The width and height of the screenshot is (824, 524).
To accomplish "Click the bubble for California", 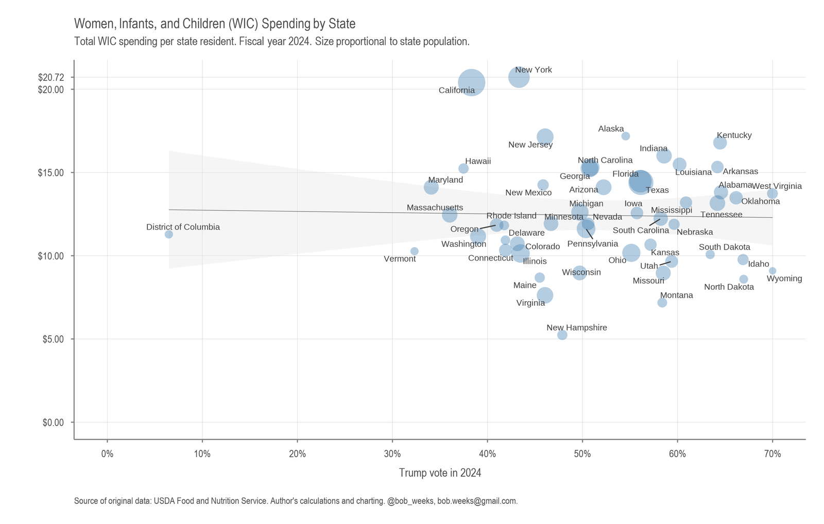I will point(471,82).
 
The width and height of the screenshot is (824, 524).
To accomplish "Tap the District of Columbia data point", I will point(168,234).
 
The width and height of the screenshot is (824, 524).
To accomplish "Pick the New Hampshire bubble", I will point(562,335).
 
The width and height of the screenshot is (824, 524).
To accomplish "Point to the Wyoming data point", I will point(772,271).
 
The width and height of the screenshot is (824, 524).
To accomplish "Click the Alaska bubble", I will point(626,136).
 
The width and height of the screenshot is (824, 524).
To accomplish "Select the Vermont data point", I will point(415,251).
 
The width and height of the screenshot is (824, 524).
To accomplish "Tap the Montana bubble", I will point(662,303).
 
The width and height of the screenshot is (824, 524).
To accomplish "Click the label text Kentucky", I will point(734,135).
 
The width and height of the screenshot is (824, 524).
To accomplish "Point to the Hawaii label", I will point(478,161).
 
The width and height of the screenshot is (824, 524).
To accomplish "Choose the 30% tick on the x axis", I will point(392,453).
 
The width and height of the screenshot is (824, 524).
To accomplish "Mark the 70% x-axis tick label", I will point(772,453).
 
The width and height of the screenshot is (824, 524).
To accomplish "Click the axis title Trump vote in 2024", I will point(440,473).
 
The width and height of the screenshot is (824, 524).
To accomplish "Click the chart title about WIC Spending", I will point(215,24).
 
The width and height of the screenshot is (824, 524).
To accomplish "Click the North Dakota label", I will point(729,287).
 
